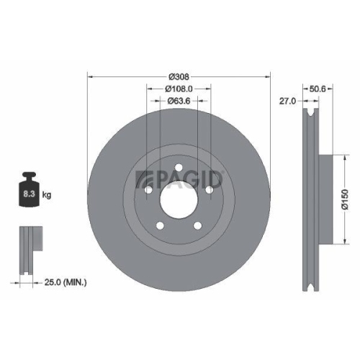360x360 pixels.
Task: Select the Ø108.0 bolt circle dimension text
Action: pyautogui.click(x=179, y=89)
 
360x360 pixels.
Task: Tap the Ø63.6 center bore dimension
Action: pyautogui.click(x=179, y=102)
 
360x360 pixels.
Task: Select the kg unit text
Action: pyautogui.click(x=46, y=195)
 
